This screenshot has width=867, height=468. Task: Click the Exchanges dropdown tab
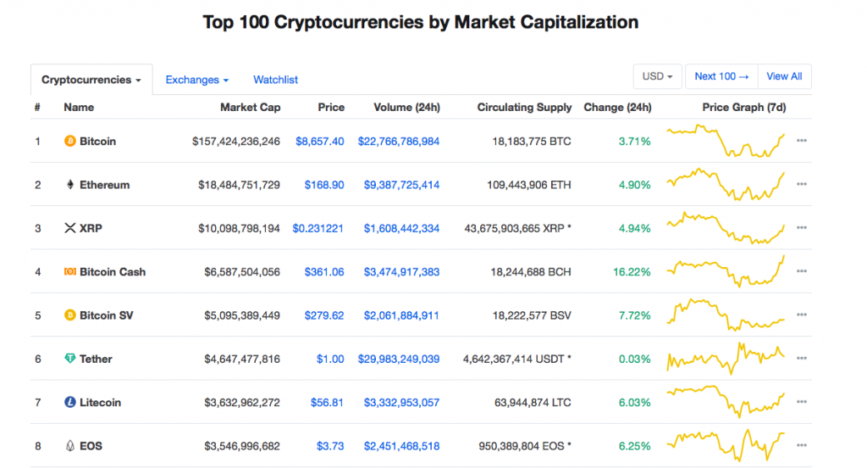(x=196, y=80)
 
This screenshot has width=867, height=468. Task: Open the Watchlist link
(x=275, y=80)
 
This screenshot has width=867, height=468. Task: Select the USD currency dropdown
(x=657, y=76)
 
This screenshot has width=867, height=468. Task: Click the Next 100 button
(x=721, y=76)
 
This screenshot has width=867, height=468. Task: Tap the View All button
(x=784, y=76)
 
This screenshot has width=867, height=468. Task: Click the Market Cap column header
(x=250, y=108)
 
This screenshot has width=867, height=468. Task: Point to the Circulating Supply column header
(x=524, y=108)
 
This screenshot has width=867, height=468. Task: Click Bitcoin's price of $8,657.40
(x=319, y=142)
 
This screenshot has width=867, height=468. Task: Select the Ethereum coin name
(x=104, y=185)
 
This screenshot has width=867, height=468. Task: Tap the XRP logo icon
(x=69, y=228)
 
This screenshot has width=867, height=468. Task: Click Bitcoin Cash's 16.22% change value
(x=632, y=272)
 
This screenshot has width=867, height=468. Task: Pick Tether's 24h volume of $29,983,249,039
(x=399, y=359)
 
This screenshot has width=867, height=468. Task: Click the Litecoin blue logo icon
(x=69, y=402)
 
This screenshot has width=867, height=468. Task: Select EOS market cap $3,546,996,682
(x=242, y=446)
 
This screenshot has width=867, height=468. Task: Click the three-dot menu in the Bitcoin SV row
(x=802, y=315)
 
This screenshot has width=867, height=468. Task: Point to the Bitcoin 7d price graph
(x=726, y=142)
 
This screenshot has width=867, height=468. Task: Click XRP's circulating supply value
(x=517, y=228)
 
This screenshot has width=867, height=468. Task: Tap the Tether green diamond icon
(x=69, y=359)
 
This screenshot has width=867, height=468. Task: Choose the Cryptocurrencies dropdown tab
(x=91, y=80)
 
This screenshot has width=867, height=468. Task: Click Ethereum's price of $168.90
(x=324, y=185)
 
